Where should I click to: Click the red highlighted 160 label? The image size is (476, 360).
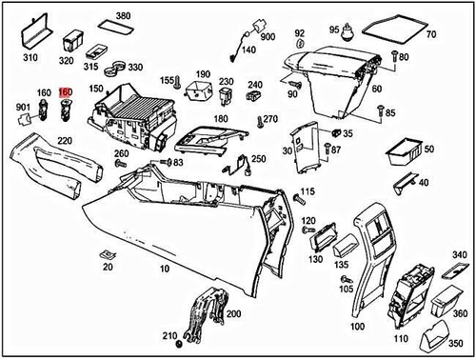pyautogui.click(x=65, y=92)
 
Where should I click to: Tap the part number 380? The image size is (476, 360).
pyautogui.click(x=123, y=17)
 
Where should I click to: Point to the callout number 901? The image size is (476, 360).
pyautogui.click(x=23, y=119)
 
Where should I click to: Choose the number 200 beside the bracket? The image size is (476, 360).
pyautogui.click(x=233, y=313)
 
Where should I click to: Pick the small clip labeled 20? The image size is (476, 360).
pyautogui.click(x=107, y=255)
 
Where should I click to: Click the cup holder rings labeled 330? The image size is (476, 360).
pyautogui.click(x=115, y=68)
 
